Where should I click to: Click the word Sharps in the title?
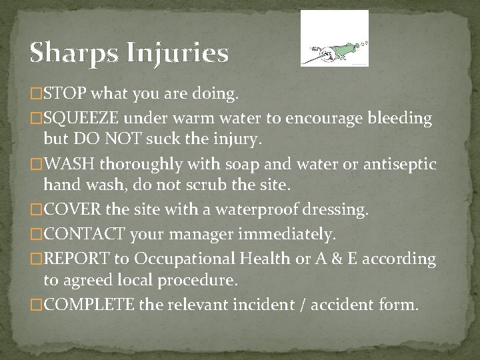[70, 53]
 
